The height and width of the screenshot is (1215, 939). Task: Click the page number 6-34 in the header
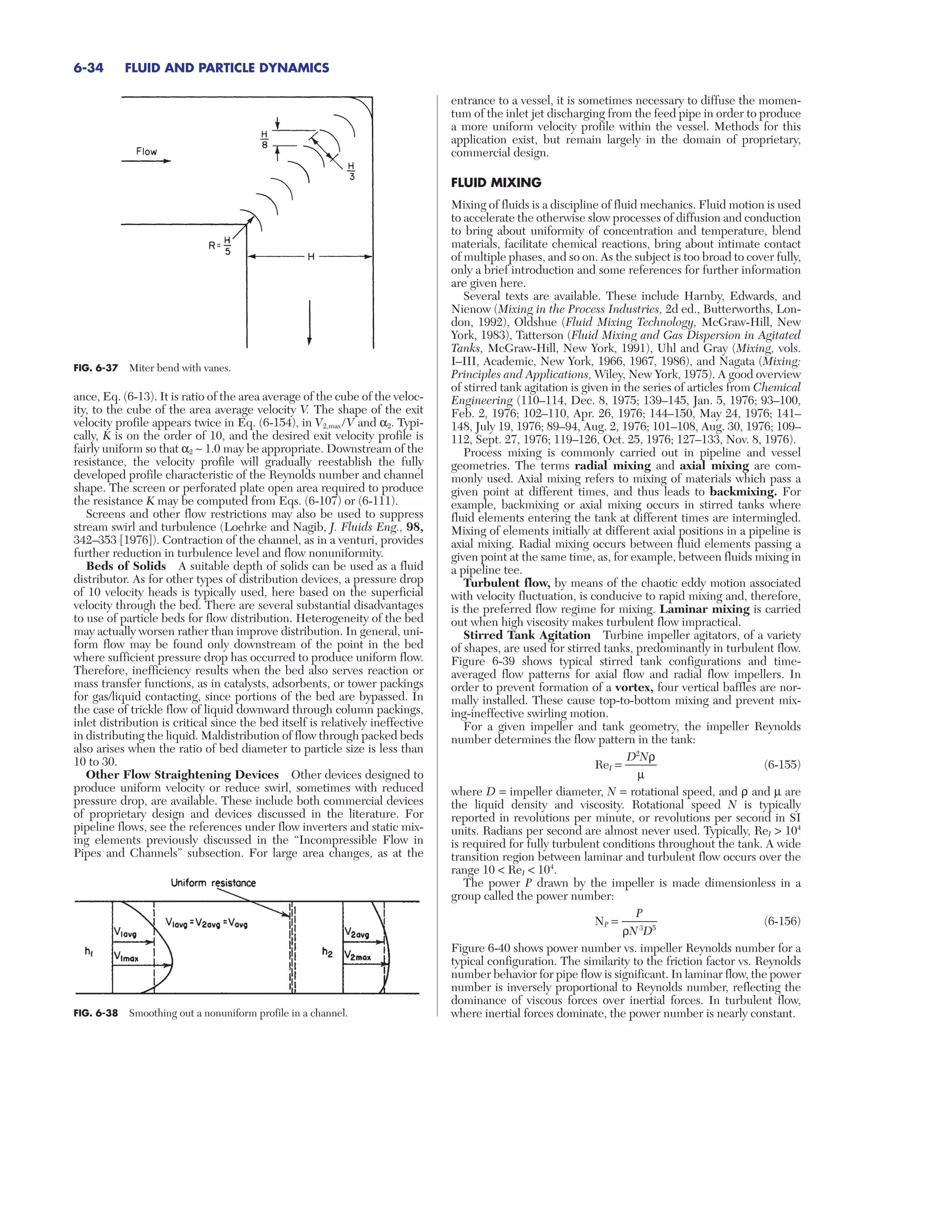[88, 68]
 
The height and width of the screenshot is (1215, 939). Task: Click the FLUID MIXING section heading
[496, 182]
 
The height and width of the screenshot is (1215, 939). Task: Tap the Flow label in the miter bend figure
[146, 151]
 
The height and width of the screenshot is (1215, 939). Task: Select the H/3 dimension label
[352, 171]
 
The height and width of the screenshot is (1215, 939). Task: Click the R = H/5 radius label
[220, 245]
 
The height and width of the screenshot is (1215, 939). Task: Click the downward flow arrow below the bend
[309, 322]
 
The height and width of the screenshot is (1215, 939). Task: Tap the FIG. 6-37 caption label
[96, 368]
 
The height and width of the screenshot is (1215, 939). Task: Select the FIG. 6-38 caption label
[96, 1013]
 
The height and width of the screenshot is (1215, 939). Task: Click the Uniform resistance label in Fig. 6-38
[213, 883]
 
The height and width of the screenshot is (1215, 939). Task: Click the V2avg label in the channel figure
[357, 933]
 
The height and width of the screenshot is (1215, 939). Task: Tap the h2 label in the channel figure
[327, 952]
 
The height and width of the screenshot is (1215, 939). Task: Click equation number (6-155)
[782, 765]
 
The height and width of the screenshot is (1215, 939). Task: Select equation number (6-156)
[782, 921]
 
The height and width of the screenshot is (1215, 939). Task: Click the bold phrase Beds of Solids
[126, 566]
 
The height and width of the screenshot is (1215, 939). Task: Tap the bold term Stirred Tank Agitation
[527, 635]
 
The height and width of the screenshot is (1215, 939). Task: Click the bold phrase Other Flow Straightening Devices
[182, 775]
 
